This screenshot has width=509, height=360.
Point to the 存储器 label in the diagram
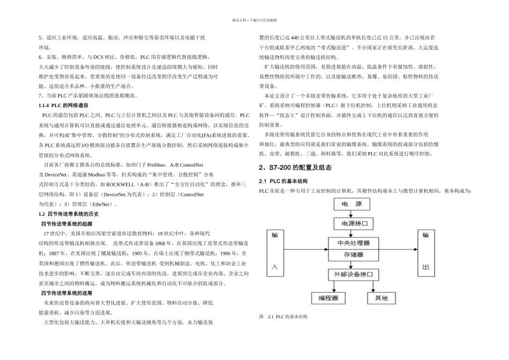pyautogui.click(x=353, y=254)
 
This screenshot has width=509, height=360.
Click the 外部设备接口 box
pyautogui.click(x=353, y=275)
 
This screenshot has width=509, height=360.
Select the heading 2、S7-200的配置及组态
pyautogui.click(x=295, y=168)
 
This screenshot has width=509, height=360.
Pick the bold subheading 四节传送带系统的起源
pyautogui.click(x=66, y=223)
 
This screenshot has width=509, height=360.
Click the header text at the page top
pyautogui.click(x=254, y=20)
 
